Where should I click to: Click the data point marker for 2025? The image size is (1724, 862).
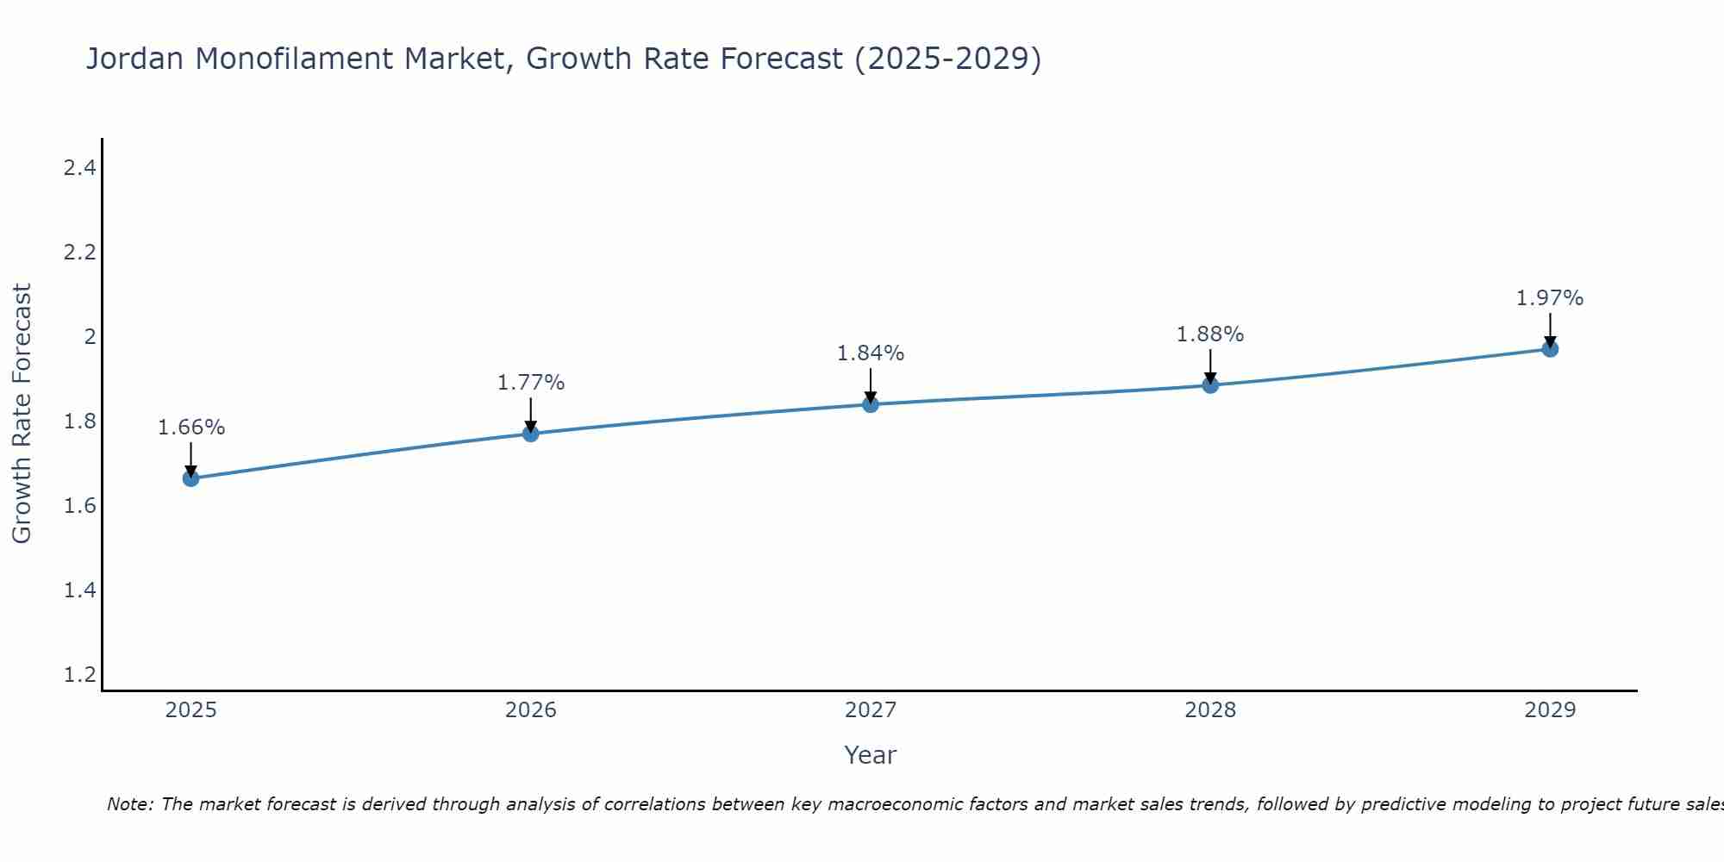[x=191, y=478]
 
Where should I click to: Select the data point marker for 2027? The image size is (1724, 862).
[x=871, y=404]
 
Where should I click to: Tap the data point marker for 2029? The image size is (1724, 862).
[x=1550, y=348]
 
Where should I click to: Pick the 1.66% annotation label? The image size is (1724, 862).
[x=191, y=428]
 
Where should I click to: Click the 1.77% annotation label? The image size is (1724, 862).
[x=531, y=383]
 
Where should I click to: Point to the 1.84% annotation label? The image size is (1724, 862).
[x=871, y=353]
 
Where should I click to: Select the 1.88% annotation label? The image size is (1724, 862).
[x=1210, y=334]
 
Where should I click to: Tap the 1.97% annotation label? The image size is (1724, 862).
[x=1550, y=298]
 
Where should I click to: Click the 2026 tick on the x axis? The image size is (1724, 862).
[x=531, y=710]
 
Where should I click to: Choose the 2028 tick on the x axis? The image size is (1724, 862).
[x=1210, y=710]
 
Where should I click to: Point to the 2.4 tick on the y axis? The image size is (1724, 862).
[x=79, y=168]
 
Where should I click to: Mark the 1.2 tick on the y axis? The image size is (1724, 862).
[x=79, y=675]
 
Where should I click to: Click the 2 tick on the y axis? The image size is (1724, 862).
[x=90, y=337]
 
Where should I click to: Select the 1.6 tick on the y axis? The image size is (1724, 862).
[x=79, y=506]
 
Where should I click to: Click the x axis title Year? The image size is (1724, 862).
[x=871, y=755]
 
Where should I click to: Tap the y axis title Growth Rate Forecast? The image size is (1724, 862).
[x=22, y=414]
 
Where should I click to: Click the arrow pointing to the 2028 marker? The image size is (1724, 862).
[x=1210, y=366]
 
